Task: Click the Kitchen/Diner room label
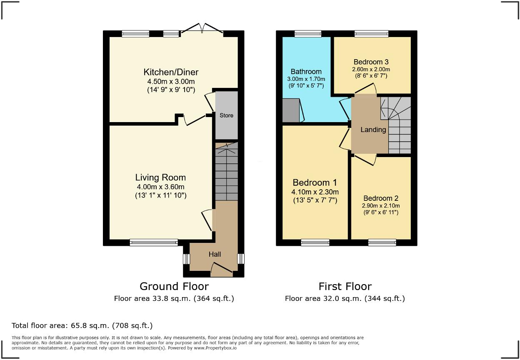(171, 72)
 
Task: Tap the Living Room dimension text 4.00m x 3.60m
(160, 187)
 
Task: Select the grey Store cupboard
(226, 115)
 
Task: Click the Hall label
(215, 254)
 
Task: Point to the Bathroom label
(306, 72)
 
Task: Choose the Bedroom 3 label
(371, 62)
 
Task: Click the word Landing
(373, 130)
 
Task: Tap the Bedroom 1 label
(315, 182)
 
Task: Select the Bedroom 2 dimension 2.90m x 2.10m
(381, 206)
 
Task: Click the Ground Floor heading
(174, 286)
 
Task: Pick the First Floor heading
(345, 286)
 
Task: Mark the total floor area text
(82, 325)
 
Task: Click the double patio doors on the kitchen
(202, 29)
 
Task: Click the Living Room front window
(154, 242)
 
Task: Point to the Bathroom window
(307, 34)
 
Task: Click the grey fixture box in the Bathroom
(291, 110)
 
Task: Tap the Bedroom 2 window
(382, 242)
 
